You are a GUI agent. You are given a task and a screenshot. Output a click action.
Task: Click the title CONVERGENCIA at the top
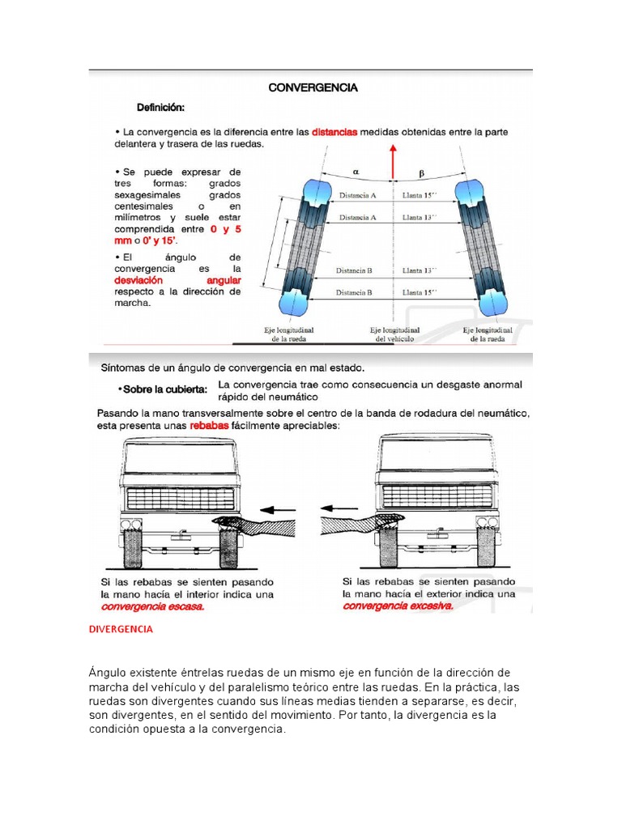[313, 87]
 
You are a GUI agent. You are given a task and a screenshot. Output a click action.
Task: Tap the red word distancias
[334, 131]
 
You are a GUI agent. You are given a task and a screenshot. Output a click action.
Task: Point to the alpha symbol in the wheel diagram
[357, 172]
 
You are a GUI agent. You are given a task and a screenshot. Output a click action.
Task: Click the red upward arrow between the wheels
[394, 162]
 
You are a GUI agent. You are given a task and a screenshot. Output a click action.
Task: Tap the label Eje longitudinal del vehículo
[394, 334]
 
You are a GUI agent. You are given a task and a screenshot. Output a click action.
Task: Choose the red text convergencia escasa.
[152, 606]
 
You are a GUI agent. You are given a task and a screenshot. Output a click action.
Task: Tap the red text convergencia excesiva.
[398, 606]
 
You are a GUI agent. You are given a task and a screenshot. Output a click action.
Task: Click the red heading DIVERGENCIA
[121, 628]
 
